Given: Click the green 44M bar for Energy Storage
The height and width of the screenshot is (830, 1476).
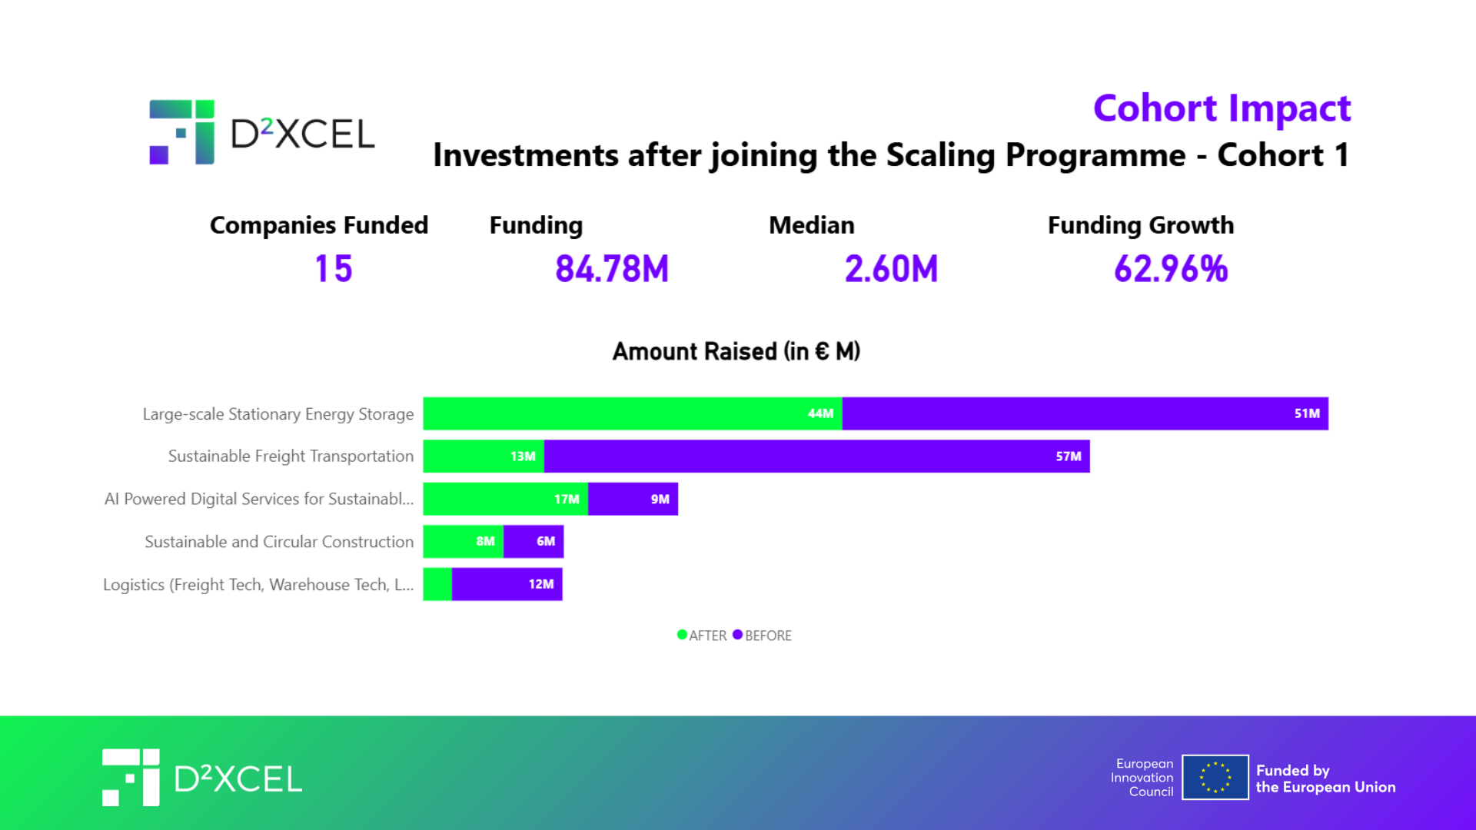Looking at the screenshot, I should click(632, 413).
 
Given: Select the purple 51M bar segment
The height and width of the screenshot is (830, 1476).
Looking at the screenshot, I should click(1085, 413).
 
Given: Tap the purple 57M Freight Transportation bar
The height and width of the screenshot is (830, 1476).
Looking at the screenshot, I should click(816, 456).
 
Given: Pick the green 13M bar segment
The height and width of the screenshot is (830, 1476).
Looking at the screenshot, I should click(484, 456).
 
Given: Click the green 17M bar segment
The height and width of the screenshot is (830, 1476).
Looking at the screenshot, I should click(505, 500).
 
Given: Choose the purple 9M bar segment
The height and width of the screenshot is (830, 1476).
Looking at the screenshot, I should click(633, 500).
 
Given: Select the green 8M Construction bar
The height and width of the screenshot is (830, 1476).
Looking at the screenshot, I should click(463, 542).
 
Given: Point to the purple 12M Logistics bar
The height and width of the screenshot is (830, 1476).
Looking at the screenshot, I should click(507, 585).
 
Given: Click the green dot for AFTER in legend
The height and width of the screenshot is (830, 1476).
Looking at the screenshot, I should click(682, 635).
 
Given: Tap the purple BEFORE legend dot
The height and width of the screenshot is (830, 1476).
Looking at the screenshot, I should click(737, 635).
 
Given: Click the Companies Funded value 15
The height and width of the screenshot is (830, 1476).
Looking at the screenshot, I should click(334, 269).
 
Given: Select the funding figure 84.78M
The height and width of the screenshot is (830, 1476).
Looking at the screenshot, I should click(612, 269).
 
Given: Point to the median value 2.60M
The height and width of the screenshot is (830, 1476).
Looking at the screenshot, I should click(891, 269).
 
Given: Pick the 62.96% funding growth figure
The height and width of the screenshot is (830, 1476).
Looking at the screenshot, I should click(1171, 269).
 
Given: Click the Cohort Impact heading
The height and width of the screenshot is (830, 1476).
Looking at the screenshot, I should click(1222, 108).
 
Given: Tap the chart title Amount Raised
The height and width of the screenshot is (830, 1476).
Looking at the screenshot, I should click(736, 351).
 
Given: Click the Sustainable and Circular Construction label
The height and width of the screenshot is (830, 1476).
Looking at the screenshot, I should click(279, 542).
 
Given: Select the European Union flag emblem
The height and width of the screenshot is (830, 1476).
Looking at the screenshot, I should click(1215, 777).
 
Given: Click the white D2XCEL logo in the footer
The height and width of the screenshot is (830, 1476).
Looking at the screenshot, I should click(202, 778).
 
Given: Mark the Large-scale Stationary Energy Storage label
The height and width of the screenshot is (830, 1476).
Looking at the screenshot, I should click(278, 414).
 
